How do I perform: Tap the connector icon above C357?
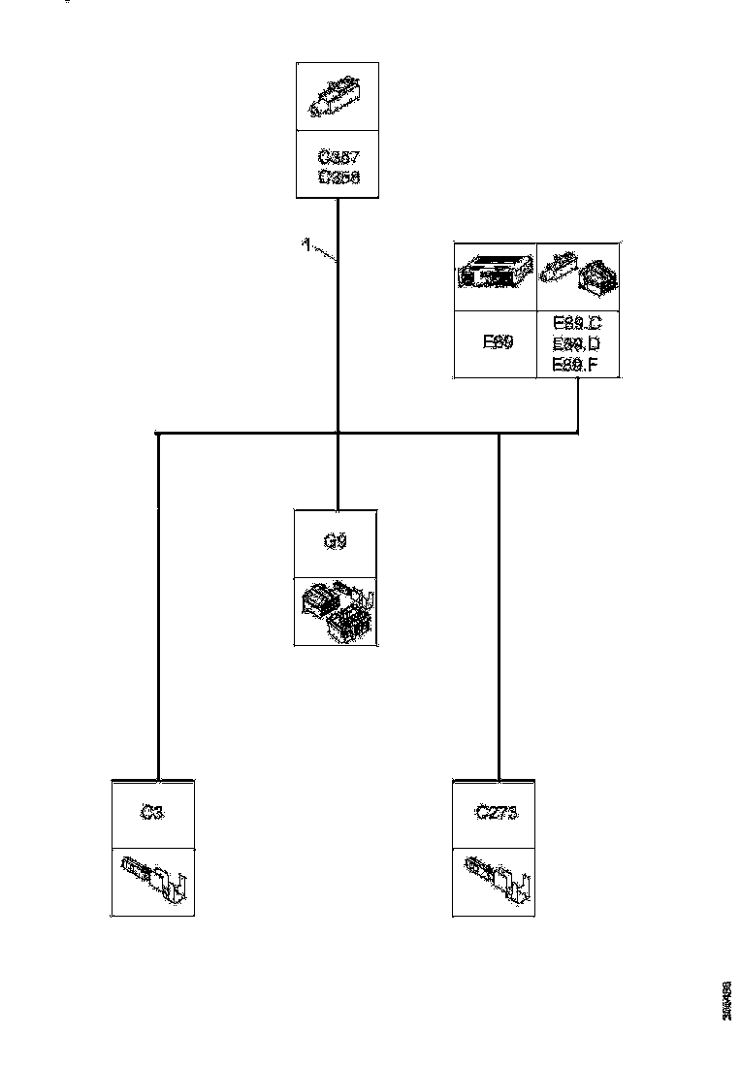(336, 97)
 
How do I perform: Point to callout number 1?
(306, 245)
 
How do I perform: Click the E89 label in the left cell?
(496, 343)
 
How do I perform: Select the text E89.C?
(577, 324)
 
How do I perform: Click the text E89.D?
(577, 343)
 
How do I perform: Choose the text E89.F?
(577, 364)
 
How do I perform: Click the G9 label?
(336, 542)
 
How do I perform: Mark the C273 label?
(496, 814)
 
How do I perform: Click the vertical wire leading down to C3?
(157, 601)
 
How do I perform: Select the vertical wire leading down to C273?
(499, 601)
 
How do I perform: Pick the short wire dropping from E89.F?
(579, 404)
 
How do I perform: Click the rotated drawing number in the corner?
(725, 1001)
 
